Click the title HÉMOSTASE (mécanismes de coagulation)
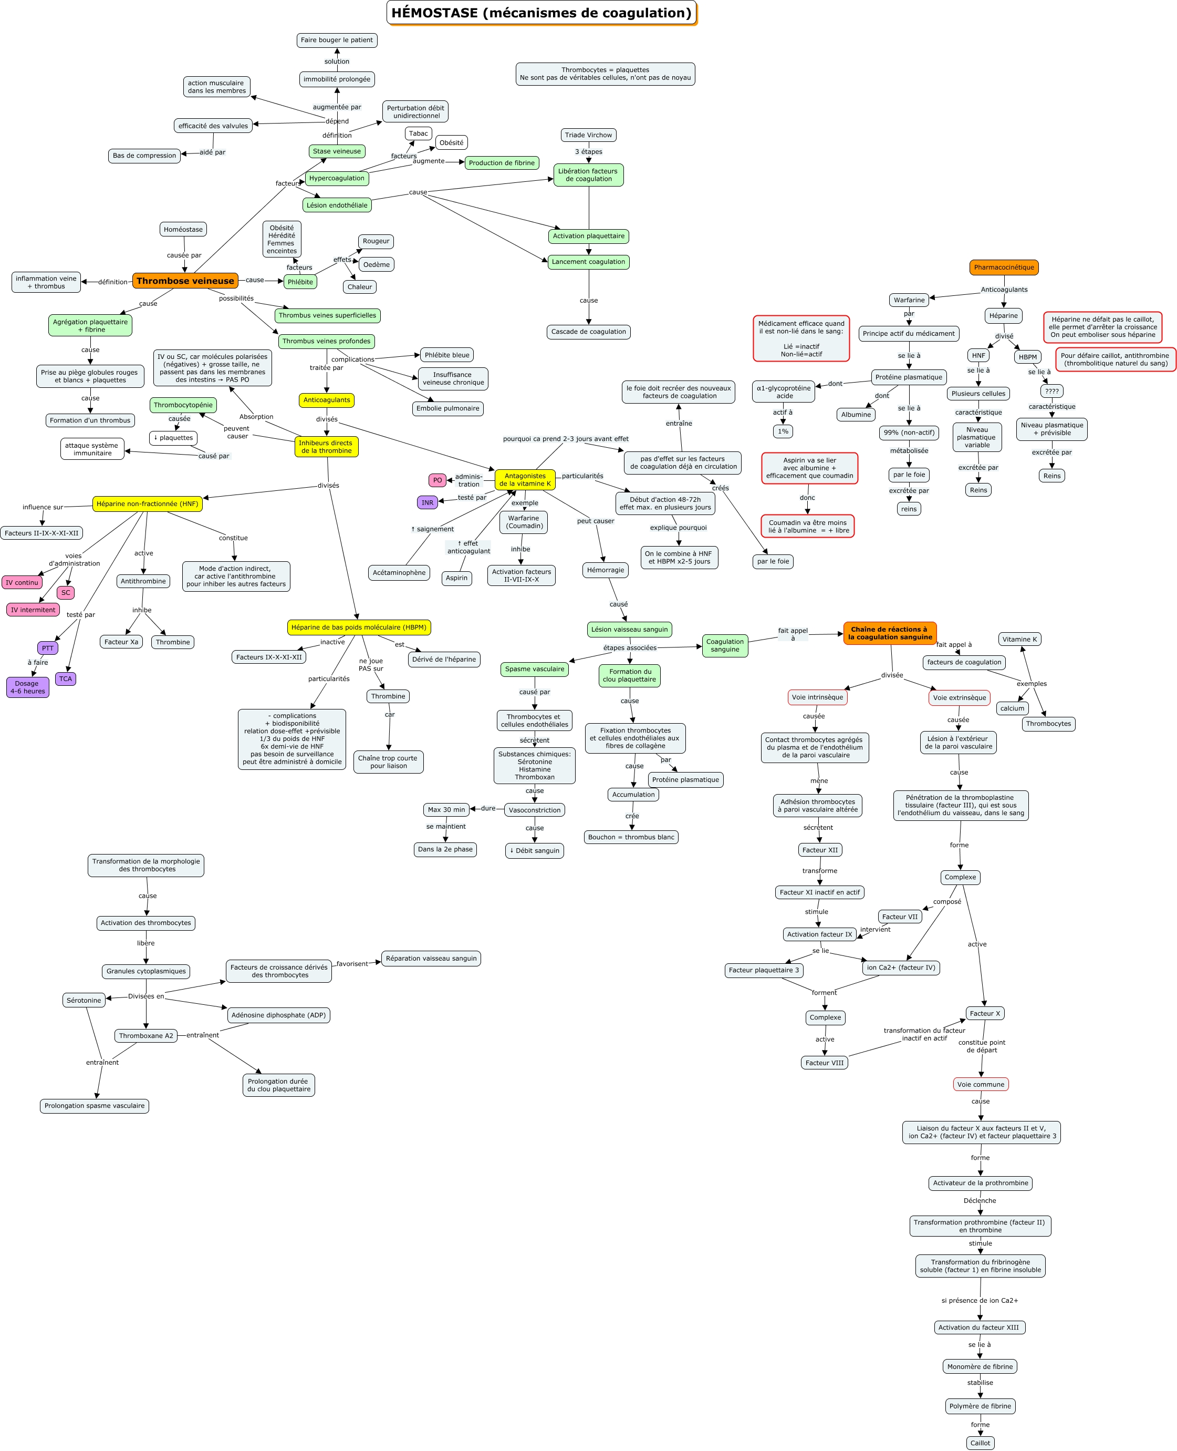[541, 13]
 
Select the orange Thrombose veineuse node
[185, 281]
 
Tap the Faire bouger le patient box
[337, 40]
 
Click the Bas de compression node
[144, 156]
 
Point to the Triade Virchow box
[588, 135]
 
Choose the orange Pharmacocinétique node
[1004, 267]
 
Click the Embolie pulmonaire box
[447, 408]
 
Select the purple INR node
[427, 502]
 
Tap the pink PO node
[438, 480]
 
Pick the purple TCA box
[65, 679]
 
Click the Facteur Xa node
[121, 642]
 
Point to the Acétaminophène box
[399, 572]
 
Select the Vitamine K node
[1020, 639]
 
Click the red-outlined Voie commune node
[981, 1084]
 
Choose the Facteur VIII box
[825, 1063]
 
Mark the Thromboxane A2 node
[146, 1036]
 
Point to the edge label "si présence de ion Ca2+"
[980, 1300]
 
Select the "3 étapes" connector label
[588, 152]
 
